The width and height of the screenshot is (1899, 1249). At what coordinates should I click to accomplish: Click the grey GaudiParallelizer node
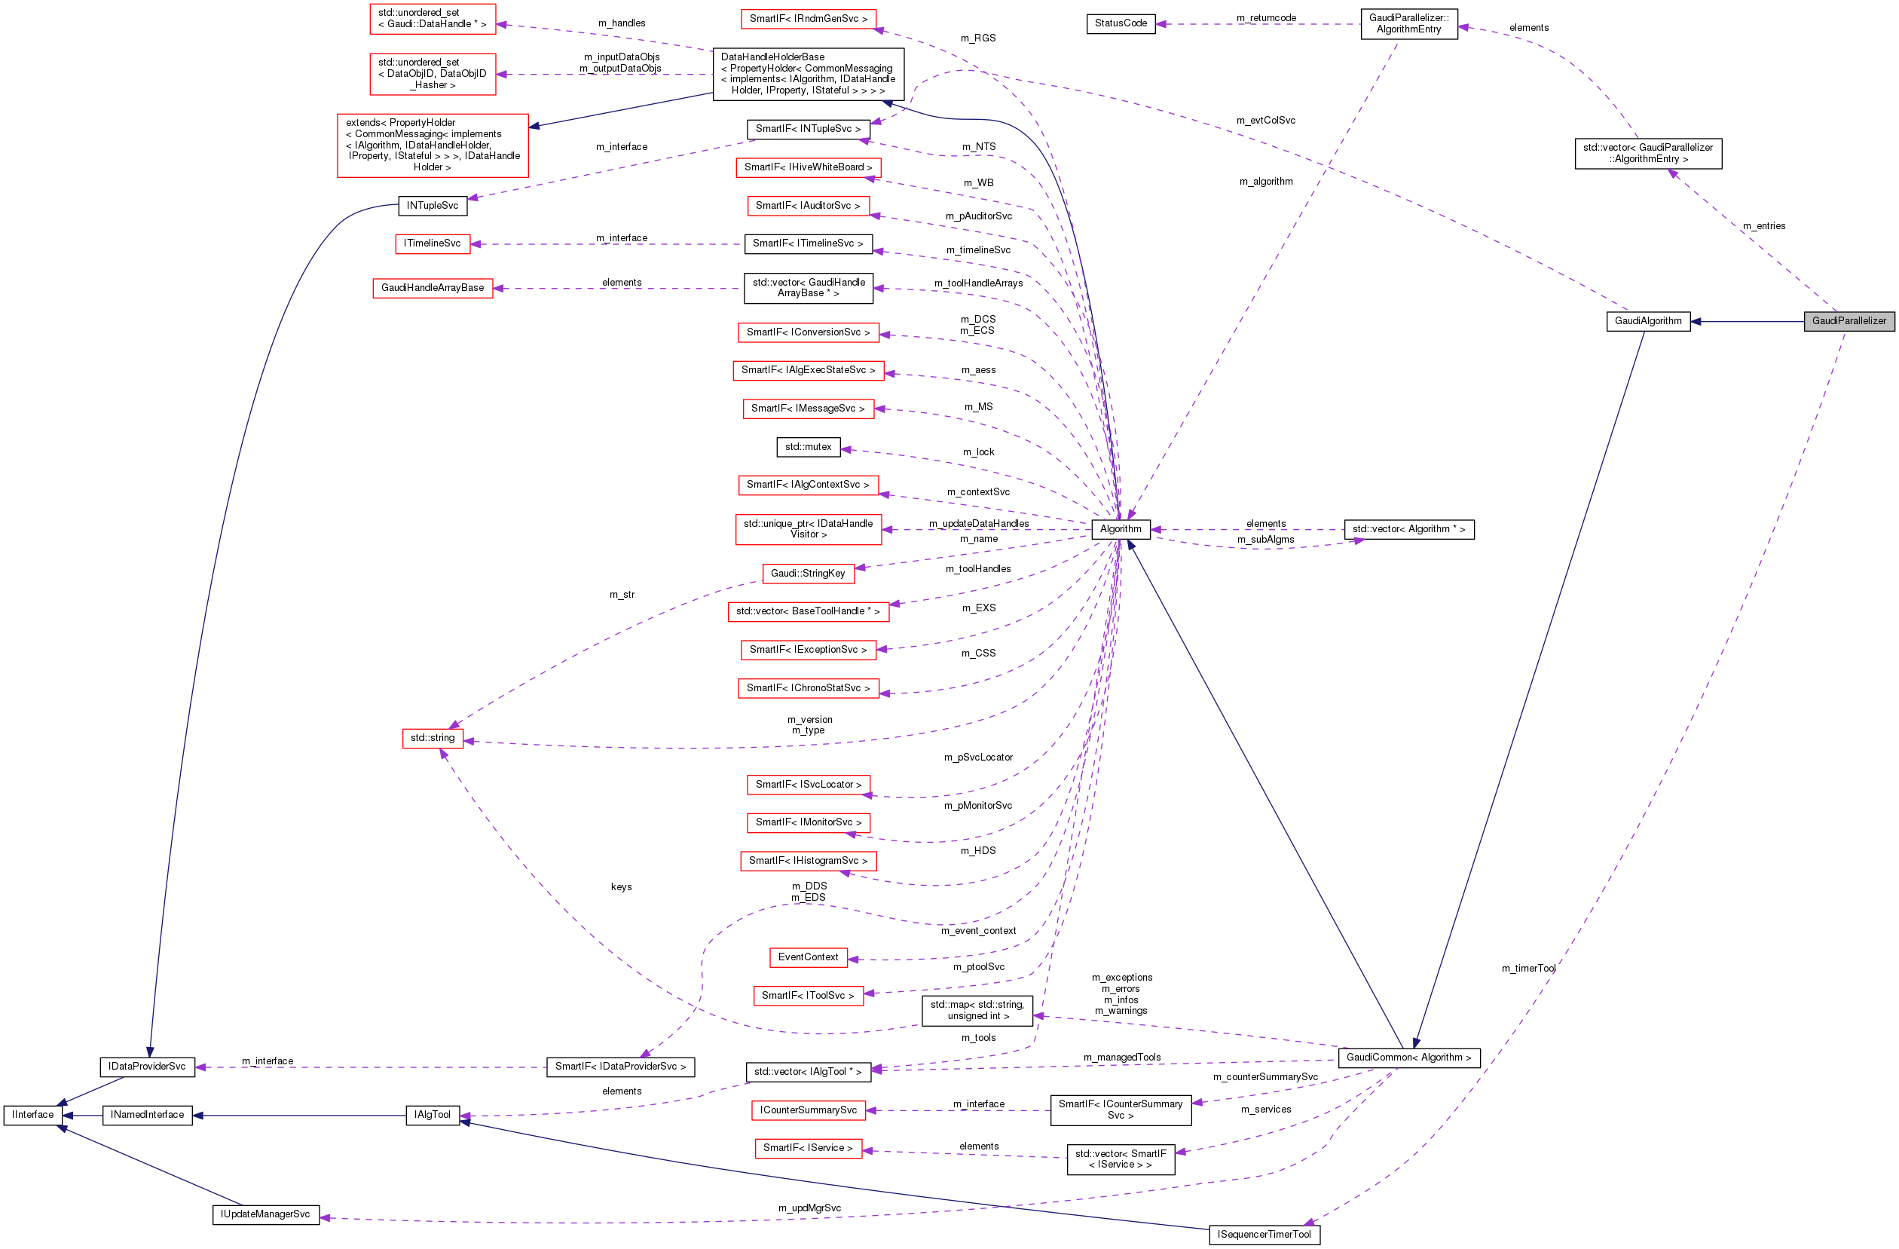tap(1848, 322)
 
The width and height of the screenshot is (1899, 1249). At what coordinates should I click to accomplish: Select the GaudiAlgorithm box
tap(1647, 322)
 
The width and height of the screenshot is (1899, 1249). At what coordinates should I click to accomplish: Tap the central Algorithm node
tap(1120, 529)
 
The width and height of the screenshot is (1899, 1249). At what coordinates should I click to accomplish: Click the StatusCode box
tap(1120, 24)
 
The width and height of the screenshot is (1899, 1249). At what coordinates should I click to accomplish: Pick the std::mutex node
tap(808, 447)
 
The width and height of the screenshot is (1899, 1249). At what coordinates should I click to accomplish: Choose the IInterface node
tap(32, 1115)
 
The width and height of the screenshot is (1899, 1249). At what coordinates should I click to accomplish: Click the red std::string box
tap(432, 738)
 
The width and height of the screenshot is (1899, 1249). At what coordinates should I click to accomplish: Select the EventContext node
tap(808, 957)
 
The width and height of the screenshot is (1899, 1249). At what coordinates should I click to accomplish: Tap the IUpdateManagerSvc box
tap(265, 1214)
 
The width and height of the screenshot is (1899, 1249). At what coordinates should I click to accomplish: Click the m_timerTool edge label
tap(1528, 969)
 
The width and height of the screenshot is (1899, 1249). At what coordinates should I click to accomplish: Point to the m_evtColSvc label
tap(1265, 121)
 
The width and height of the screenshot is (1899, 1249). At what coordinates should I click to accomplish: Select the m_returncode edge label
tap(1265, 17)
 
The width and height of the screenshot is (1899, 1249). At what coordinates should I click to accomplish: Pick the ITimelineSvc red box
tap(432, 243)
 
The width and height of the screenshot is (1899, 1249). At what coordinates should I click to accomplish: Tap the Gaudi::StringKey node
tap(808, 573)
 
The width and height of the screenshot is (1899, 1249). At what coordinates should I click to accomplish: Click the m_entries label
tap(1763, 226)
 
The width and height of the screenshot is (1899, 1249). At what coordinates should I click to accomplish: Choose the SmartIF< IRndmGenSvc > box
tap(808, 18)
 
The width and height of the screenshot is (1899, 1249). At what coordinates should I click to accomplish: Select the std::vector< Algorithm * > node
tap(1408, 529)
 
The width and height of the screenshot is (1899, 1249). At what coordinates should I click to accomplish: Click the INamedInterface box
tap(147, 1115)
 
